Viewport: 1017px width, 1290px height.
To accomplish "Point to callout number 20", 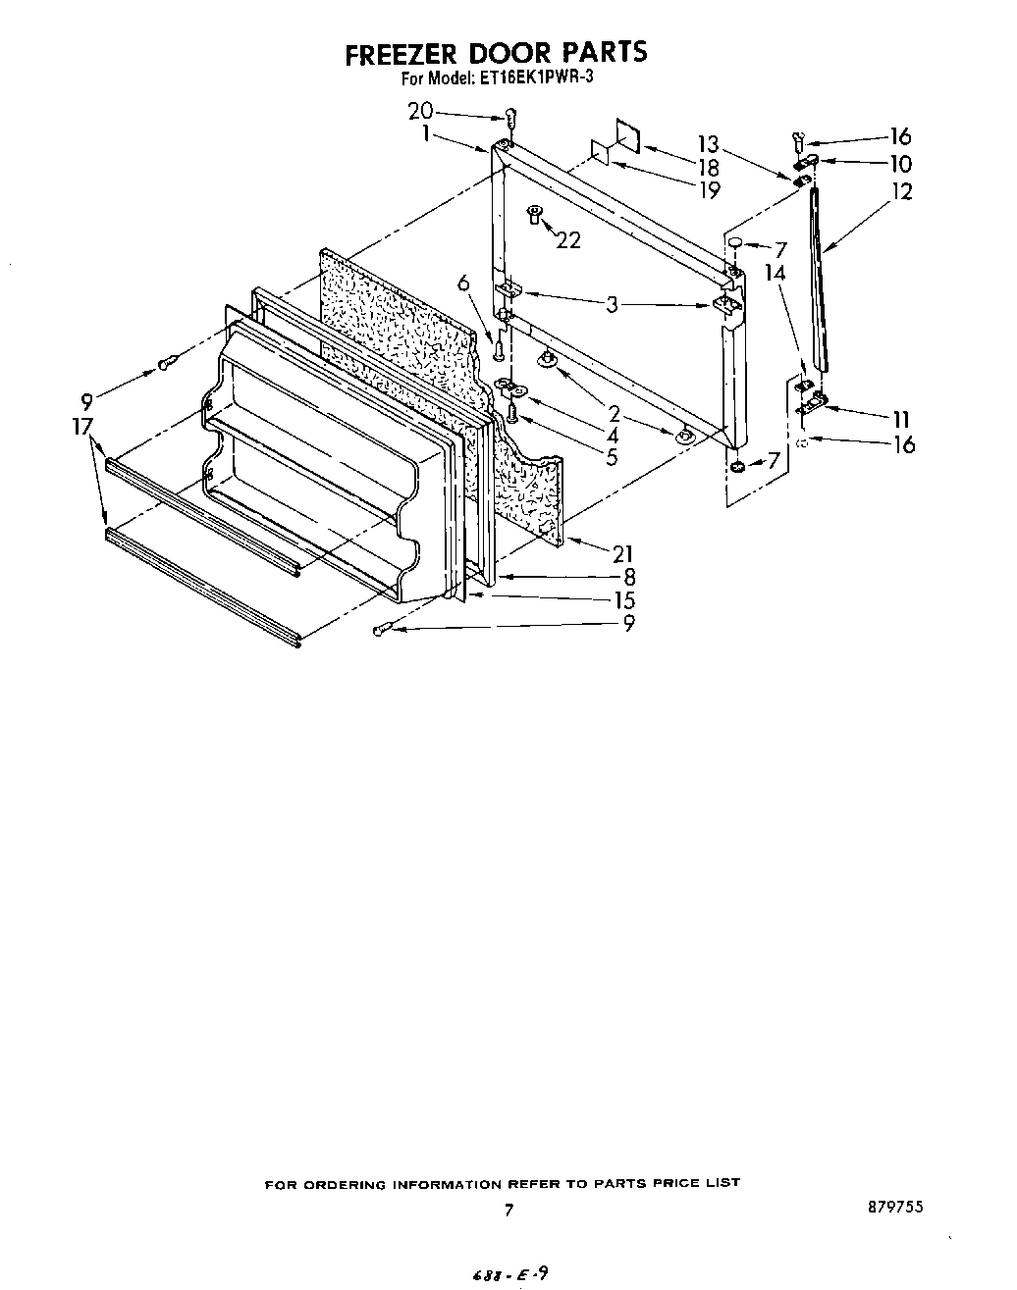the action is pos(420,112).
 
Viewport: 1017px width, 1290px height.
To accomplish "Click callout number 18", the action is pos(707,168).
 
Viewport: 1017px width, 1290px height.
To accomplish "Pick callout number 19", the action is pos(707,189).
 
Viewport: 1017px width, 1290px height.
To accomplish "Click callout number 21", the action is pos(622,553).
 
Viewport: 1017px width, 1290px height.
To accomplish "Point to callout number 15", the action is pos(622,599).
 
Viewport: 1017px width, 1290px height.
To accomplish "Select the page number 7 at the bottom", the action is pos(508,1211).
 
